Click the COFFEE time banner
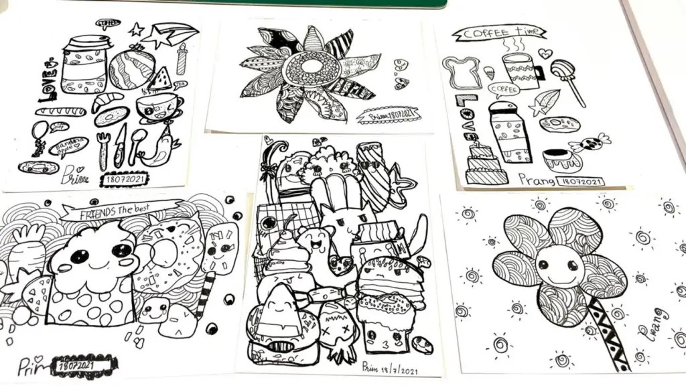tap(499, 33)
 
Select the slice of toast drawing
tap(462, 72)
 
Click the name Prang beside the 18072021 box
tap(536, 180)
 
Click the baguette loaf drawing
tap(60, 111)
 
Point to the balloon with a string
tap(39, 132)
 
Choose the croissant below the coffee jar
tap(107, 101)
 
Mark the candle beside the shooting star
tap(181, 59)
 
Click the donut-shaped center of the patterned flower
tap(311, 68)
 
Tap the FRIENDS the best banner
tap(121, 212)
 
